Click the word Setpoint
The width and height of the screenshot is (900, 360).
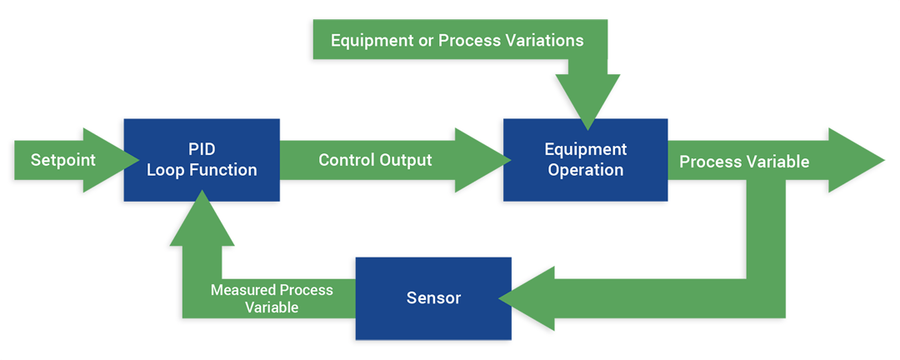63,160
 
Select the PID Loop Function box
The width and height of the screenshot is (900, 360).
201,160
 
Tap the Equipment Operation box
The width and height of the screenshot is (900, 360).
585,160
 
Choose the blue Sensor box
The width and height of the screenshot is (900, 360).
433,298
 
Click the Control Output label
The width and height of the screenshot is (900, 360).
375,160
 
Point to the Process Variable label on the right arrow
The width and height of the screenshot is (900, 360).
744,162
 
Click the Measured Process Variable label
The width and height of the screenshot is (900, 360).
272,298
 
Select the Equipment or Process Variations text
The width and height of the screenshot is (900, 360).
457,39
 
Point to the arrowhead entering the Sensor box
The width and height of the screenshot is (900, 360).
530,298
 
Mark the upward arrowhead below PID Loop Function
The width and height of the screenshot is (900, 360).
201,222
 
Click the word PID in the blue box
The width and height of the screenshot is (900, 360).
202,150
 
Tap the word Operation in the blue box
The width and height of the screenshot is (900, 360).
585,170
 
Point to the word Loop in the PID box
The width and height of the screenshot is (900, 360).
165,170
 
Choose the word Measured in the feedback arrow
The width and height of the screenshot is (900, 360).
242,290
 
